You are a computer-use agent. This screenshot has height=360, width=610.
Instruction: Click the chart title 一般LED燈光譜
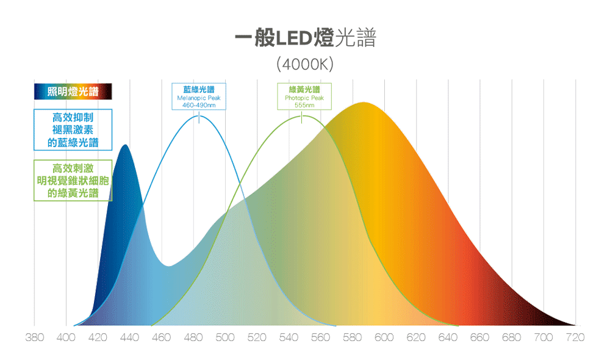point(305,38)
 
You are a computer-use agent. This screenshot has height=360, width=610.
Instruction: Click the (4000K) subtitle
point(305,63)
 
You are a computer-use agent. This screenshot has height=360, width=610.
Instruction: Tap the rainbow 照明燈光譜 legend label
point(73,92)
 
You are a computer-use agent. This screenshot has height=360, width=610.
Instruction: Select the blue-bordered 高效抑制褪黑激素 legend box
point(73,129)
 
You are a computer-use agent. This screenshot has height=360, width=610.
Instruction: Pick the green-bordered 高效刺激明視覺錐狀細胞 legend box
point(73,181)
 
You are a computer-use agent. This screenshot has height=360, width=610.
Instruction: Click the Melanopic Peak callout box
point(199,96)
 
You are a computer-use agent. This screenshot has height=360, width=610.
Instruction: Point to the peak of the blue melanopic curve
point(199,115)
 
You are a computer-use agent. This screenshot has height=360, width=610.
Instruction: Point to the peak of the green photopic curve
point(302,115)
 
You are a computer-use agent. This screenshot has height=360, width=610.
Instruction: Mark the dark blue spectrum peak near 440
point(125,146)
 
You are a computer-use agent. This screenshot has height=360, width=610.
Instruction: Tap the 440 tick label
point(129,337)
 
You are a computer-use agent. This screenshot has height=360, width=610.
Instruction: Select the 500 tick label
point(225,337)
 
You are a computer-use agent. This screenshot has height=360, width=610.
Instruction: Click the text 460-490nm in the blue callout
point(199,105)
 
